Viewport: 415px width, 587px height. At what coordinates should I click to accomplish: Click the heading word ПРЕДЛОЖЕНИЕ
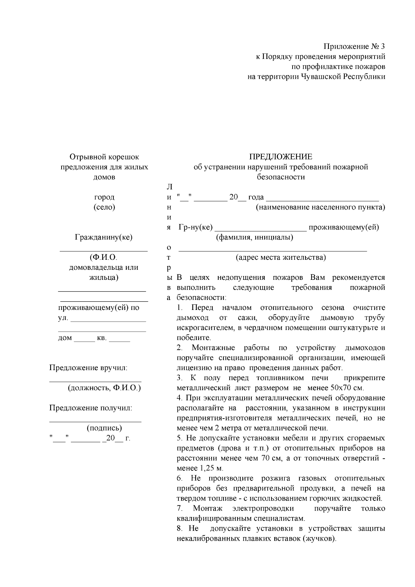click(281, 157)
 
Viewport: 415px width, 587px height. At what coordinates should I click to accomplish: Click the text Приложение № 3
click(354, 46)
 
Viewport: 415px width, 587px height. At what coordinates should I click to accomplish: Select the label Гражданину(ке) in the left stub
click(104, 237)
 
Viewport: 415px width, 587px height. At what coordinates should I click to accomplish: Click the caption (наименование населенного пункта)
click(320, 207)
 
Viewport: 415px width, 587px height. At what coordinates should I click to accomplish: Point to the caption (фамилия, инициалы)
click(255, 237)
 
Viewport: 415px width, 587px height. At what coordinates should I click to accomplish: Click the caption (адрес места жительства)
click(280, 257)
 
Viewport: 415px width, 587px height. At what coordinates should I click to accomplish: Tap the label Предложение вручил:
click(89, 367)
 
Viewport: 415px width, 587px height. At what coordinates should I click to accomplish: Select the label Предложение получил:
click(91, 408)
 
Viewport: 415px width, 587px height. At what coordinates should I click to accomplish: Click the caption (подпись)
click(104, 428)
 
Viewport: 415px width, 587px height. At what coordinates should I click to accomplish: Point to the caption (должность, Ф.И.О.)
click(104, 388)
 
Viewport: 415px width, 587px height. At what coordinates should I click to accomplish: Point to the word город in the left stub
click(104, 197)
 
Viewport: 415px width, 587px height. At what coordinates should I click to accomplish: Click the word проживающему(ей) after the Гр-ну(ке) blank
click(343, 227)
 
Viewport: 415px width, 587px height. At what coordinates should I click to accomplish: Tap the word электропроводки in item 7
click(263, 508)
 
